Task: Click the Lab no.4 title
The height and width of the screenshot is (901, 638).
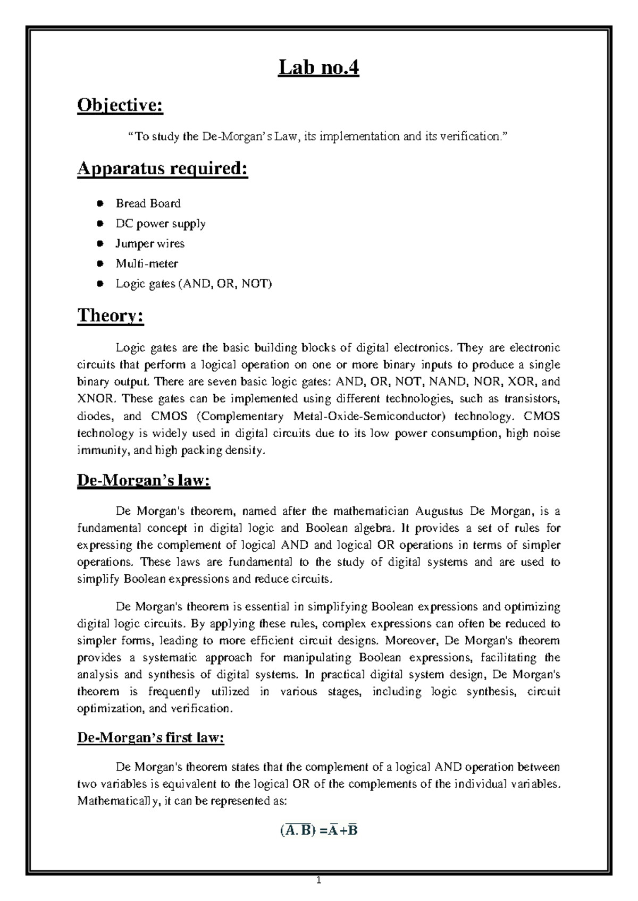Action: point(318,69)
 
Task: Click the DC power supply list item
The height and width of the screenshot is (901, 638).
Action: point(161,224)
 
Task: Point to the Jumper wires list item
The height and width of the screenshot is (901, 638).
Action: point(150,244)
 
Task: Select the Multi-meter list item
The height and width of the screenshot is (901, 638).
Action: point(147,263)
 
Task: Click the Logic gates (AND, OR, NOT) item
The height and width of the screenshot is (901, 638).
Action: point(194,284)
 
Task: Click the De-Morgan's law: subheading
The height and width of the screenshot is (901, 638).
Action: point(144,481)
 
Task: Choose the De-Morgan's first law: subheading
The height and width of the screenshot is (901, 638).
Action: point(150,738)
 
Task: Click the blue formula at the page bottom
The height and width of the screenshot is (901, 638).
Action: point(318,830)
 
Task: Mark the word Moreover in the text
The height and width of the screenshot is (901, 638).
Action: point(409,640)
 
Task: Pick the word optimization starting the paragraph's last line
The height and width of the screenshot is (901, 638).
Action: point(110,709)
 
